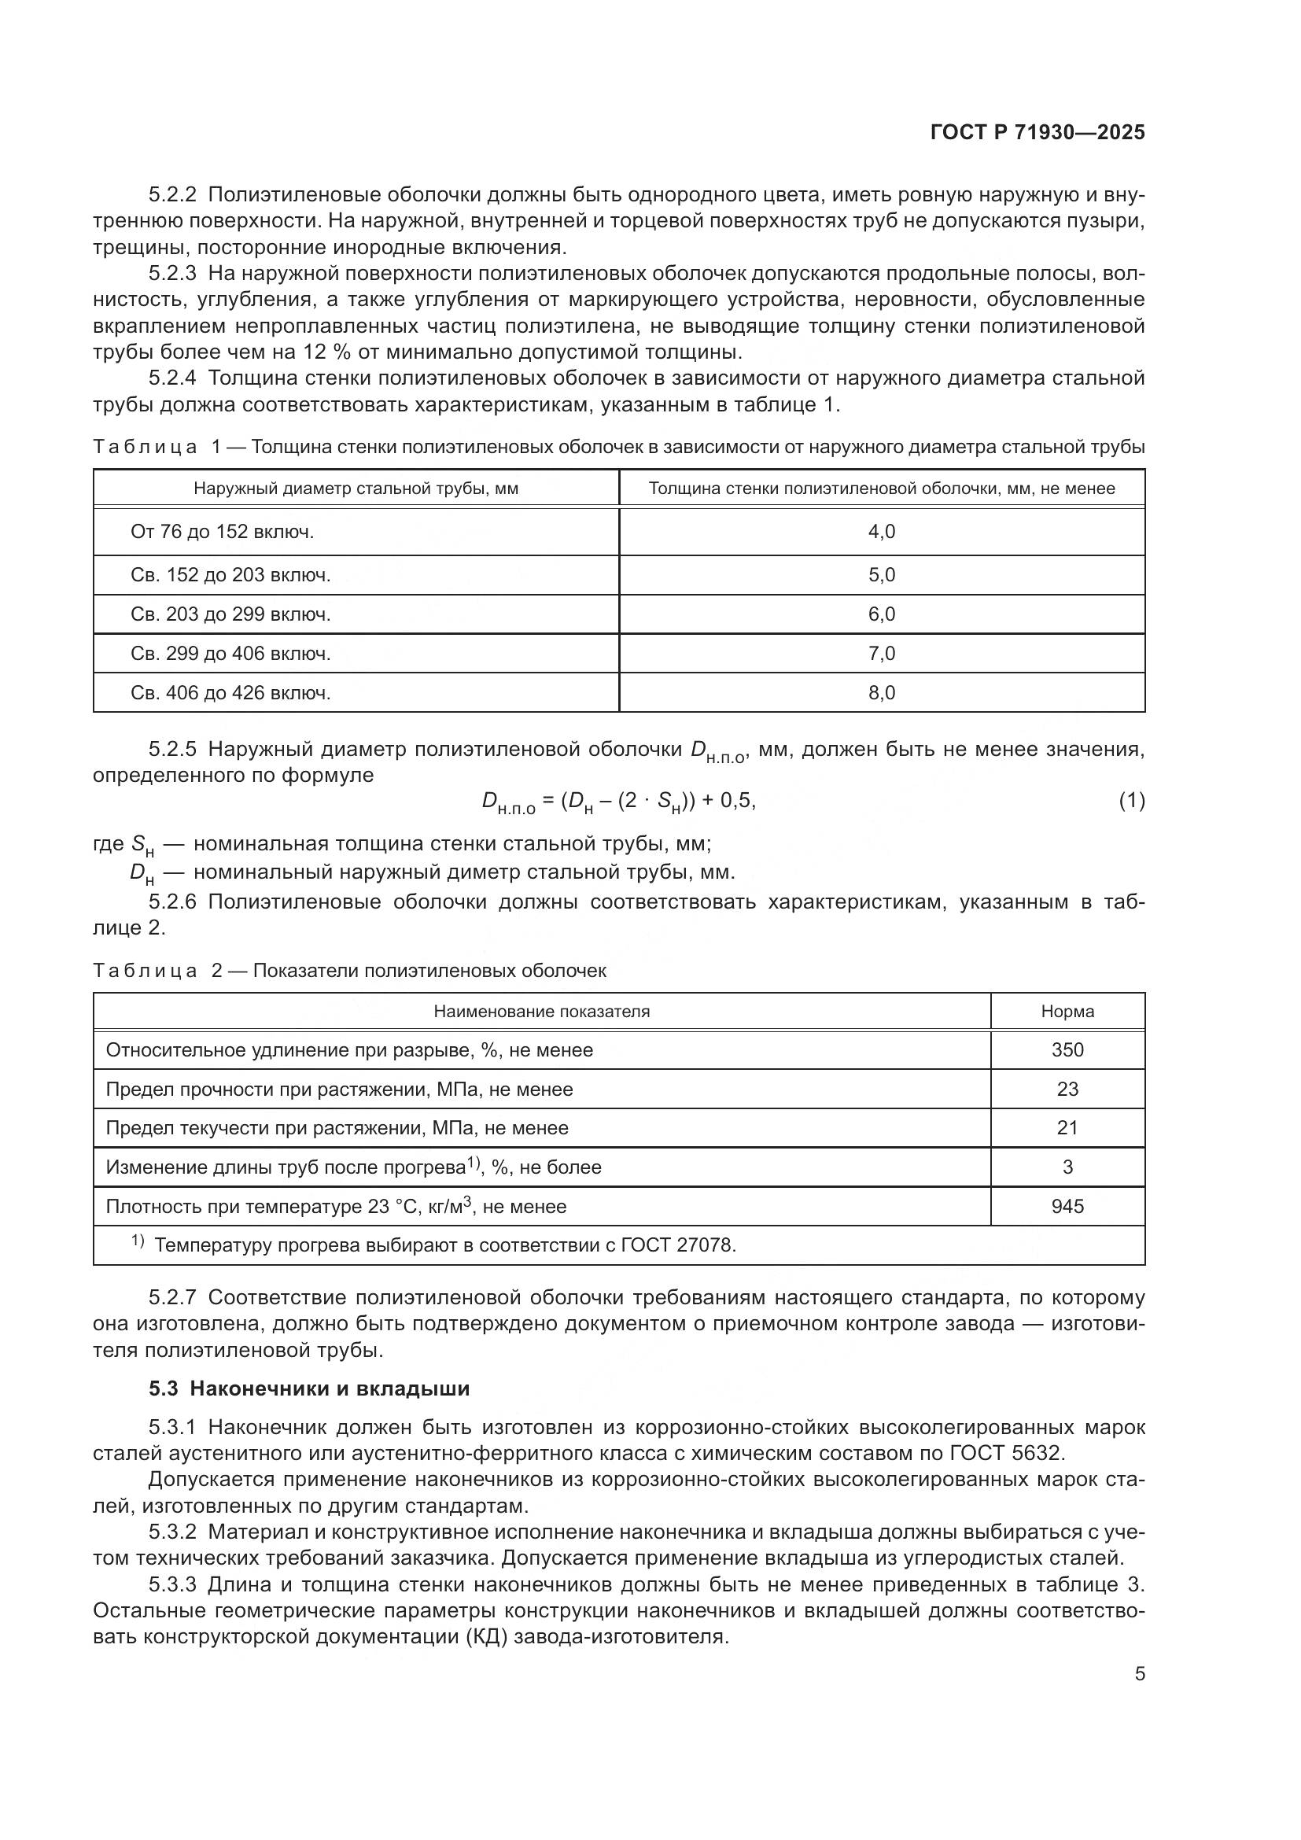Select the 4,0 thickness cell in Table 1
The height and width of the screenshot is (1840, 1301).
coord(881,532)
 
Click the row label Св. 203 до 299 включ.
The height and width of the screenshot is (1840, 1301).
coord(230,614)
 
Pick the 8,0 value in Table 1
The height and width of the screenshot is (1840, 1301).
coord(881,693)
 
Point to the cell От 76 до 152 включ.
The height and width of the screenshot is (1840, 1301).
coord(222,532)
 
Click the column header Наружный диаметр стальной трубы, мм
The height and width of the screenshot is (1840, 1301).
coord(356,489)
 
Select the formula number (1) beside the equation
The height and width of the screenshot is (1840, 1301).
coord(1131,801)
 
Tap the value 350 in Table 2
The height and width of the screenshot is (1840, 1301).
coord(1067,1051)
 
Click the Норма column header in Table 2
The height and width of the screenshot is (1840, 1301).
coord(1067,1012)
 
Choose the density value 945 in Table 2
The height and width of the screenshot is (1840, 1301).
coord(1067,1207)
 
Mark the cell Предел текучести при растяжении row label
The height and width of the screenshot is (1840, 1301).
coord(337,1128)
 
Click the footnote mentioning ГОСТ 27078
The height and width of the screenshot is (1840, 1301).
coord(444,1245)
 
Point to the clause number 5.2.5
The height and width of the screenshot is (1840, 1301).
coord(172,750)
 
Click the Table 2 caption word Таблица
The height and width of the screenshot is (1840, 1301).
coord(145,972)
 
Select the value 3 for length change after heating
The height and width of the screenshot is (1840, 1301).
coord(1067,1167)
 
